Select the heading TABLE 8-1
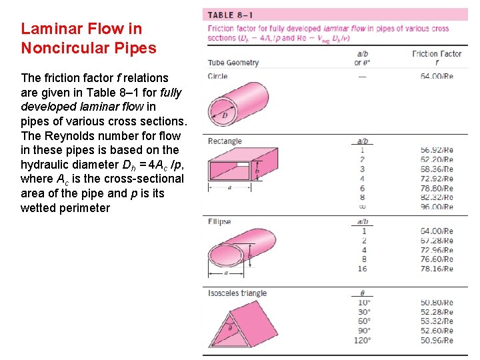click(230, 15)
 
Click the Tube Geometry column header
click(233, 63)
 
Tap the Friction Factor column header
click(437, 54)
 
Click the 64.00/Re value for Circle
click(437, 76)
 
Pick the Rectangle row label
click(225, 141)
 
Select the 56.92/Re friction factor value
click(437, 151)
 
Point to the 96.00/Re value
click(437, 207)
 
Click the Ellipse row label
click(219, 221)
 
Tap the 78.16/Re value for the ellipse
click(437, 269)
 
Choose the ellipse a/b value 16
click(363, 269)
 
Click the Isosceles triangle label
click(237, 293)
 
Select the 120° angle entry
click(363, 340)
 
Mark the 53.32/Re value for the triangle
click(437, 321)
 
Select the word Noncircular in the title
click(59, 48)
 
